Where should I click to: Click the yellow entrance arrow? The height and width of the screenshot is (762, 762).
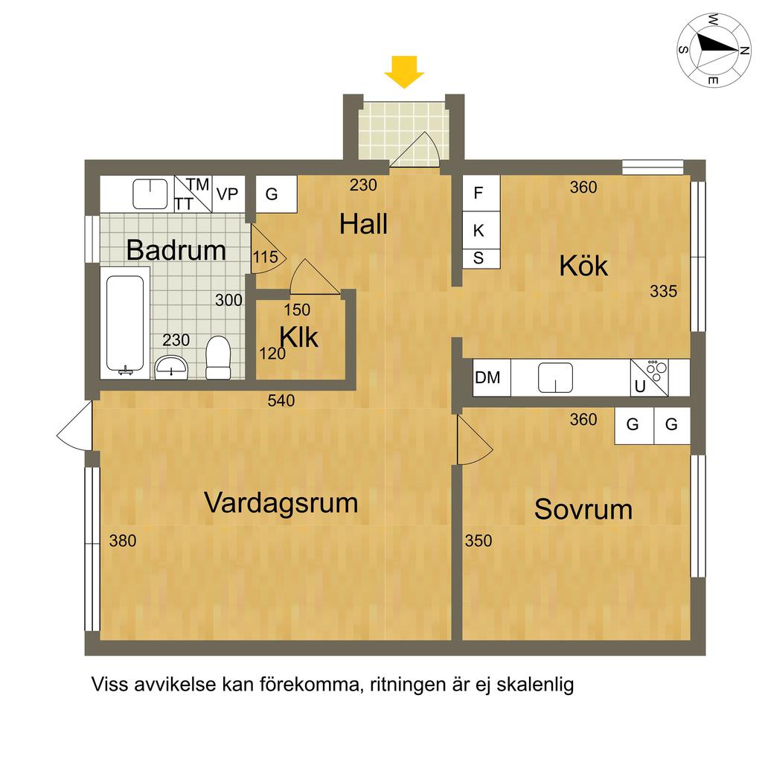[x=404, y=72]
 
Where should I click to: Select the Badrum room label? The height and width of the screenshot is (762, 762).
[x=176, y=250]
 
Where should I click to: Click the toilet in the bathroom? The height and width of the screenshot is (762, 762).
[x=218, y=358]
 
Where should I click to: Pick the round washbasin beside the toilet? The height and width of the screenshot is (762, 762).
[x=171, y=368]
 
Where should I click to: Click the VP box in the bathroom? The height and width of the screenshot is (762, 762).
[x=228, y=194]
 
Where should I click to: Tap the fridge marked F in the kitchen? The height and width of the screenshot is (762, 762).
[x=481, y=193]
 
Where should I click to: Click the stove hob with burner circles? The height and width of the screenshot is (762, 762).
[x=649, y=377]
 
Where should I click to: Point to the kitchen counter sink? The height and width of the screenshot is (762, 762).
[x=555, y=377]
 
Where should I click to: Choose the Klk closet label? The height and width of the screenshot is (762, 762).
[x=299, y=337]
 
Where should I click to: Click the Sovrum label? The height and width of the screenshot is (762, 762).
[x=583, y=509]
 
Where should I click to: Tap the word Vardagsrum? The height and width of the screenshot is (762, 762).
[x=281, y=502]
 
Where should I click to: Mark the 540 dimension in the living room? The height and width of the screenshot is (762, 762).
[x=281, y=400]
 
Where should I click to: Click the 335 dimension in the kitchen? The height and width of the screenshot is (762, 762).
[x=663, y=291]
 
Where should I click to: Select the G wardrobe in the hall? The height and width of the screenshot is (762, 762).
[x=276, y=194]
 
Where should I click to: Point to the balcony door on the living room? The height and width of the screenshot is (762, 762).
[x=74, y=426]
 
